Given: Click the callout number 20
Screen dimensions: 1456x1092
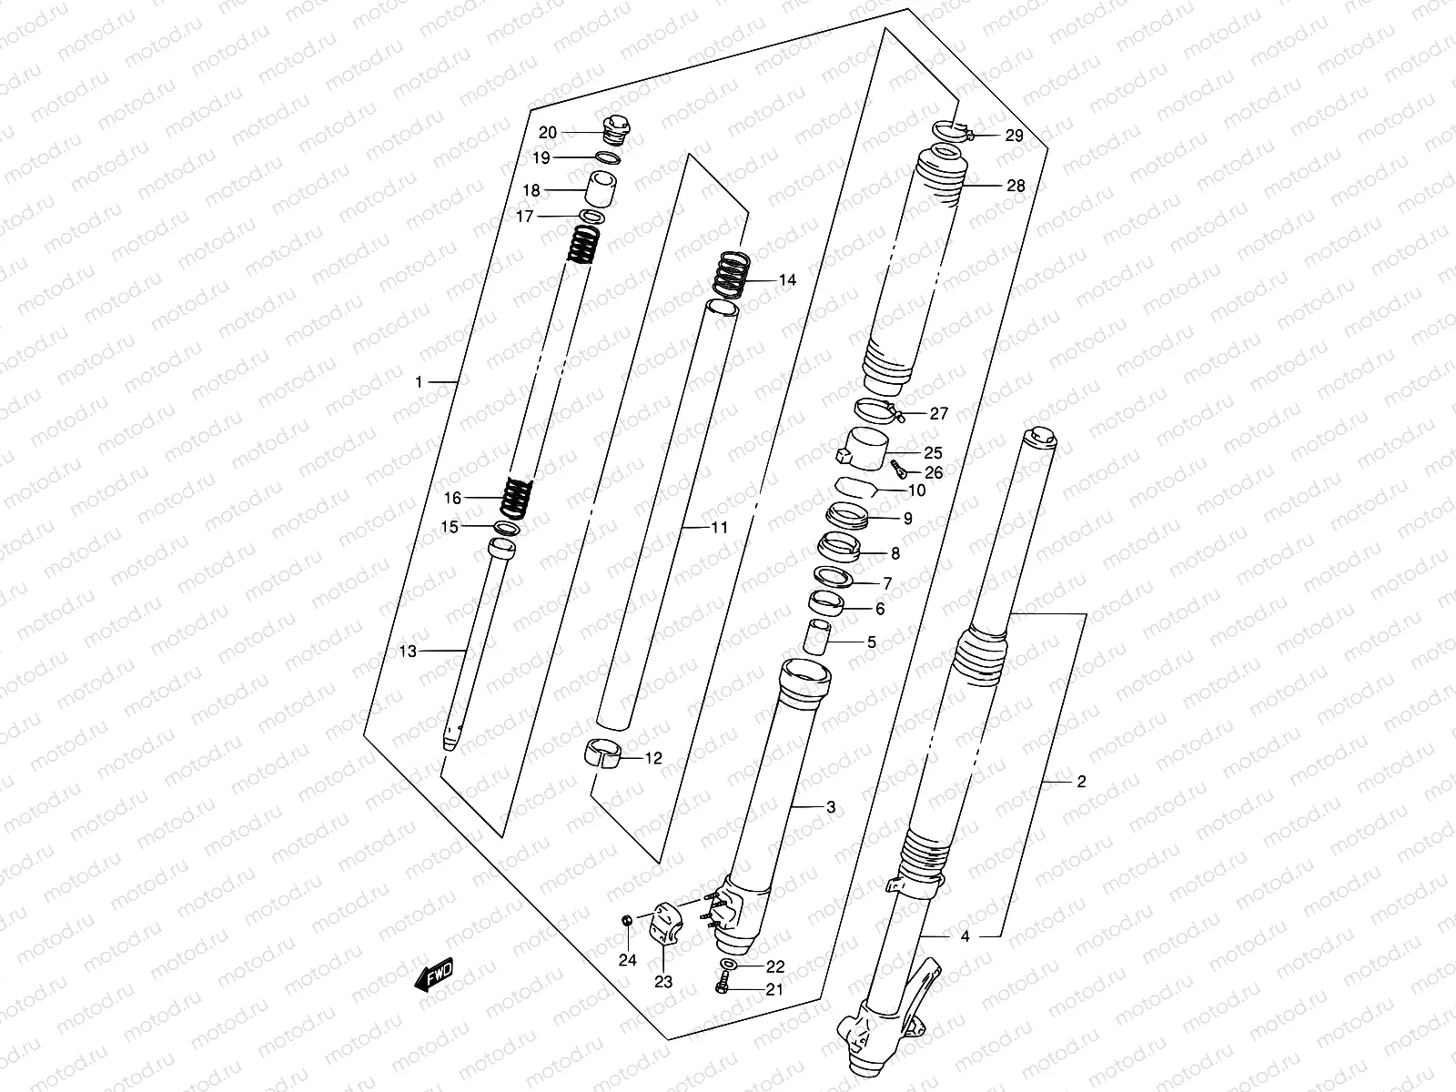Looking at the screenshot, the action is [x=547, y=133].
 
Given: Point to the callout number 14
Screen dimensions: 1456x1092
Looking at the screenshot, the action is [x=787, y=280].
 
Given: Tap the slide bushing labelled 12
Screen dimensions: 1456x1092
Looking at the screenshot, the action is [x=602, y=755].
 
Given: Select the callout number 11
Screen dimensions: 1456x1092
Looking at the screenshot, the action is [x=720, y=527].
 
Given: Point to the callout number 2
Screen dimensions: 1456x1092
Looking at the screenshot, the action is [x=1080, y=781].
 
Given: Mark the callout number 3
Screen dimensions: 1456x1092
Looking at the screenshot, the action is [x=830, y=806].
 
